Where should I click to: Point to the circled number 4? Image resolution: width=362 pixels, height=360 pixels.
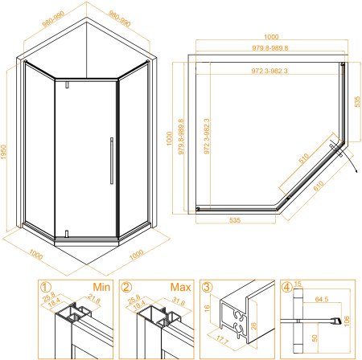coord(288,286)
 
